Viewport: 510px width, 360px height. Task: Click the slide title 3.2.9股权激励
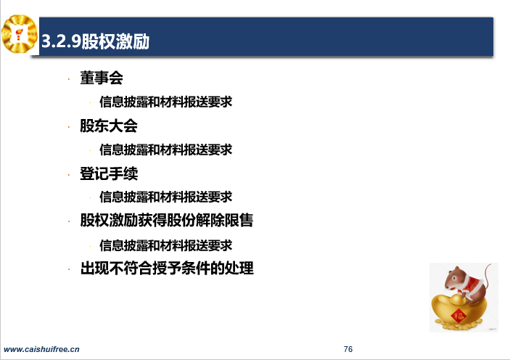click(x=95, y=41)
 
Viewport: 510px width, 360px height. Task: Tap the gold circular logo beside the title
click(x=19, y=34)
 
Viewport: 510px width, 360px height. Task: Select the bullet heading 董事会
click(x=102, y=78)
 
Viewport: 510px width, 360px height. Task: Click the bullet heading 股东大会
click(x=109, y=126)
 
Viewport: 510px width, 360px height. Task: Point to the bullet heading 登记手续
click(x=109, y=173)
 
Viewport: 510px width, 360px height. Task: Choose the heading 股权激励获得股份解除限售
click(x=167, y=221)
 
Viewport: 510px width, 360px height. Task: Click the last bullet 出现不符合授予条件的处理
click(x=167, y=269)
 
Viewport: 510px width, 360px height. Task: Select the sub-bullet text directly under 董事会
click(x=166, y=102)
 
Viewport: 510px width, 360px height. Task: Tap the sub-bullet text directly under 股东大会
click(x=166, y=150)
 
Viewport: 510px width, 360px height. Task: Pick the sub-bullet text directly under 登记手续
click(x=166, y=197)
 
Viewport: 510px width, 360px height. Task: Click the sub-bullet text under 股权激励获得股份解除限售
click(x=166, y=245)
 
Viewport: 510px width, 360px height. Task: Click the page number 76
click(x=348, y=349)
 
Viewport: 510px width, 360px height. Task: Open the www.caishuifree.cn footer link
click(x=41, y=349)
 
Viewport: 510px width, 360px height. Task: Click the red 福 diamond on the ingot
click(x=458, y=315)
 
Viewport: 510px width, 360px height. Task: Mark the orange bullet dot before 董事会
click(x=69, y=79)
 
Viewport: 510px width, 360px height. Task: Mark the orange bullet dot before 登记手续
click(x=69, y=175)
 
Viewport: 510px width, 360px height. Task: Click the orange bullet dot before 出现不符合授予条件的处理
click(x=69, y=269)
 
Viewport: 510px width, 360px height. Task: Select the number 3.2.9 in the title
click(x=61, y=41)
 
